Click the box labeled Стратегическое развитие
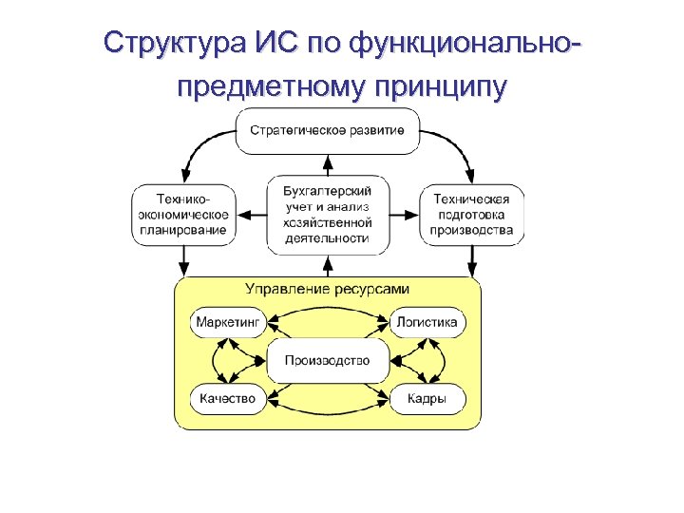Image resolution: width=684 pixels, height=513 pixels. pyautogui.click(x=328, y=130)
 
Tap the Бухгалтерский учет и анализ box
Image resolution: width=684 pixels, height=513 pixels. pyautogui.click(x=328, y=214)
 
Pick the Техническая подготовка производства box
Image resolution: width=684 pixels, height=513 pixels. pyautogui.click(x=472, y=215)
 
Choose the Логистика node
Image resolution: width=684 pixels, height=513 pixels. pyautogui.click(x=427, y=322)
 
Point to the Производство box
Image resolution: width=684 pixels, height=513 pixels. pyautogui.click(x=328, y=361)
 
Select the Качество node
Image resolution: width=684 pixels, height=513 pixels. pyautogui.click(x=228, y=399)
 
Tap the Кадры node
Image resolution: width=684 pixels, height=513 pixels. pyautogui.click(x=427, y=399)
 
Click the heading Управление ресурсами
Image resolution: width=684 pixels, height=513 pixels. pyautogui.click(x=328, y=289)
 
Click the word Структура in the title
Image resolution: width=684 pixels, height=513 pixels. pyautogui.click(x=175, y=44)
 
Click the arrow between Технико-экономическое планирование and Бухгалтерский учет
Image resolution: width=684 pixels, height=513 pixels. pyautogui.click(x=252, y=215)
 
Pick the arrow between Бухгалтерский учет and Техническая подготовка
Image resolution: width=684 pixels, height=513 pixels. pyautogui.click(x=404, y=215)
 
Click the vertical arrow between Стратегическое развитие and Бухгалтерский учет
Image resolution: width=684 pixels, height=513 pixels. pyautogui.click(x=328, y=163)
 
